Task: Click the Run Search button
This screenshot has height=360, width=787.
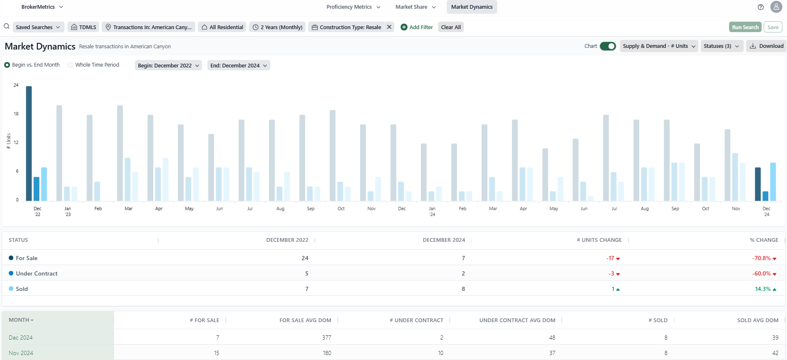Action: (745, 27)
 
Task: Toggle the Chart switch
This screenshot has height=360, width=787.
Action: (608, 46)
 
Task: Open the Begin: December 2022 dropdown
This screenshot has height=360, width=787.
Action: (168, 65)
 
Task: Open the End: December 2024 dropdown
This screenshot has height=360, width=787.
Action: (239, 65)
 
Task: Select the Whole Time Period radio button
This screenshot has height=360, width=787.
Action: (70, 65)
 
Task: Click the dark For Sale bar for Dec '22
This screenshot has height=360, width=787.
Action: (29, 144)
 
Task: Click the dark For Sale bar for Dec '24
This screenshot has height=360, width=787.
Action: (758, 184)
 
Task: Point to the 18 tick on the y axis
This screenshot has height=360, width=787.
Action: (16, 114)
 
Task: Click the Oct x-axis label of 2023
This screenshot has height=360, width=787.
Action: (341, 209)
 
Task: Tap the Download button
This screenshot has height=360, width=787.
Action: (767, 46)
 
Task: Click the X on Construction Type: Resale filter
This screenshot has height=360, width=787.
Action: (389, 27)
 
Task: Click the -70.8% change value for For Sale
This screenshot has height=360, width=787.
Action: (761, 258)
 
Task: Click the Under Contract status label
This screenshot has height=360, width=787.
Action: (37, 273)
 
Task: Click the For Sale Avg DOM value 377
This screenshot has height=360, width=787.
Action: (326, 338)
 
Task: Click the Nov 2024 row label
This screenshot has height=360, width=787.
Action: (21, 353)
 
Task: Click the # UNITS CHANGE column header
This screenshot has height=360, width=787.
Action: (599, 240)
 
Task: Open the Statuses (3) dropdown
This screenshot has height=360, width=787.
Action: (721, 46)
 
